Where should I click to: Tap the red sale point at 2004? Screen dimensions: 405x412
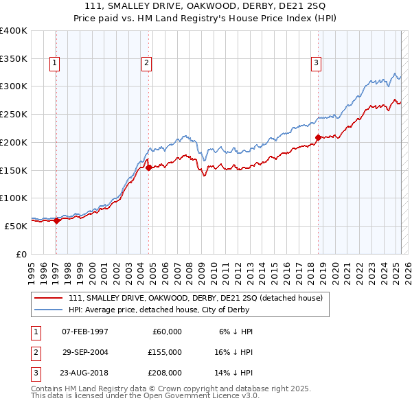click(x=149, y=167)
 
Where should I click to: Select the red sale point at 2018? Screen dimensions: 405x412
click(x=318, y=137)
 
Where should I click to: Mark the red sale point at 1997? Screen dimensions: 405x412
click(x=56, y=220)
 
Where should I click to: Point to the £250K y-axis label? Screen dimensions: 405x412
click(x=14, y=115)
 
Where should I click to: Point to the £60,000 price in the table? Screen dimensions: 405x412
click(x=165, y=332)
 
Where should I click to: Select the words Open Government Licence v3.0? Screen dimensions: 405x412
click(x=206, y=396)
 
